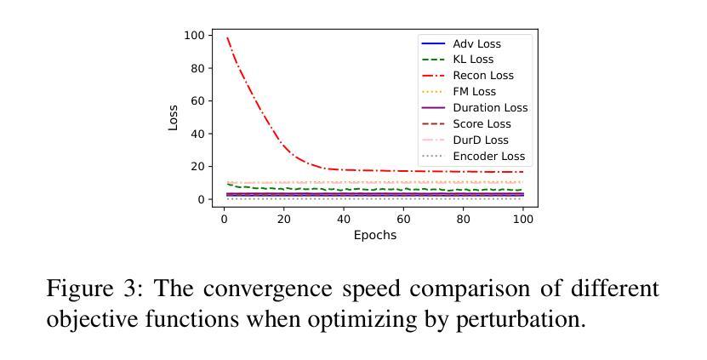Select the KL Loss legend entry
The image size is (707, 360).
click(x=473, y=60)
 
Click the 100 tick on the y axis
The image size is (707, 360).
click(x=195, y=36)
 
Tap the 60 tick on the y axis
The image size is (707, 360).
click(x=197, y=101)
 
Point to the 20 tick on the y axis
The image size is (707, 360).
click(x=197, y=167)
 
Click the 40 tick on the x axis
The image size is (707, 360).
click(x=344, y=219)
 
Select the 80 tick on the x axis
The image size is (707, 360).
click(x=464, y=219)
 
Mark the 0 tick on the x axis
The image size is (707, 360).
click(x=224, y=219)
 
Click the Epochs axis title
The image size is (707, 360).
click(x=375, y=235)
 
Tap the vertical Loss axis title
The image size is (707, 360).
click(x=174, y=117)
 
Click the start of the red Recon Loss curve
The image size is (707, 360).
click(x=227, y=37)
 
